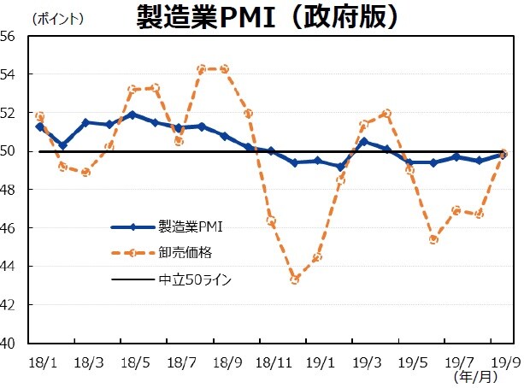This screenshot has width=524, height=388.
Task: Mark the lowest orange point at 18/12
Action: [x=294, y=279]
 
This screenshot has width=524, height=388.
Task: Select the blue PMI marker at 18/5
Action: [x=132, y=115]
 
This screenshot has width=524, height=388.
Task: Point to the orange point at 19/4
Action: [x=386, y=113]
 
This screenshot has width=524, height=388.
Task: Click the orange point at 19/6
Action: [x=433, y=239]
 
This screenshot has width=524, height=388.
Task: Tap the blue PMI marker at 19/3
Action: [x=363, y=141]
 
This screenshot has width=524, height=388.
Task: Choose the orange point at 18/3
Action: [x=85, y=172]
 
